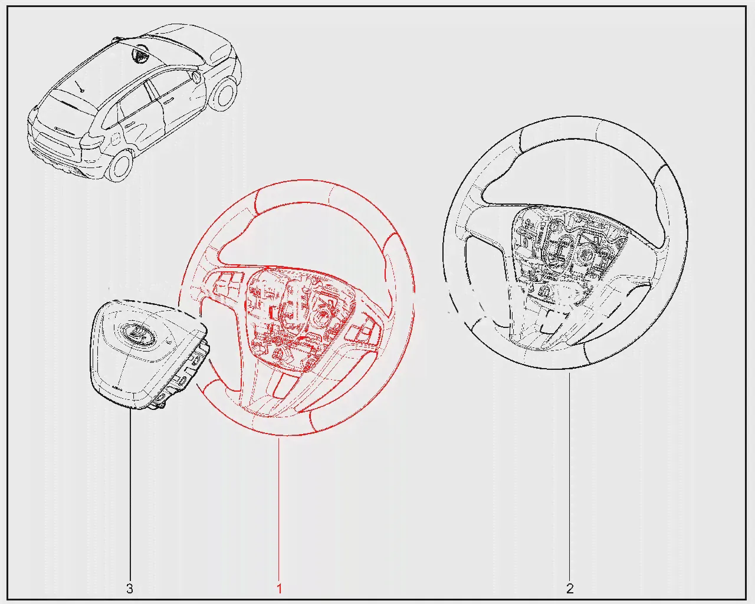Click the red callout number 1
click(280, 589)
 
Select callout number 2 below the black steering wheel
click(570, 589)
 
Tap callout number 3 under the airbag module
click(130, 589)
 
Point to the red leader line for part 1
click(279, 508)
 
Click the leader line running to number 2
click(569, 476)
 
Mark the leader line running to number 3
click(130, 495)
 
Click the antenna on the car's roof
click(80, 86)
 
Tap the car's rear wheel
click(122, 166)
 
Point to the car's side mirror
click(196, 77)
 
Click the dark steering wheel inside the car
click(140, 54)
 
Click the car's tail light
click(92, 142)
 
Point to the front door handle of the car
click(168, 101)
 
